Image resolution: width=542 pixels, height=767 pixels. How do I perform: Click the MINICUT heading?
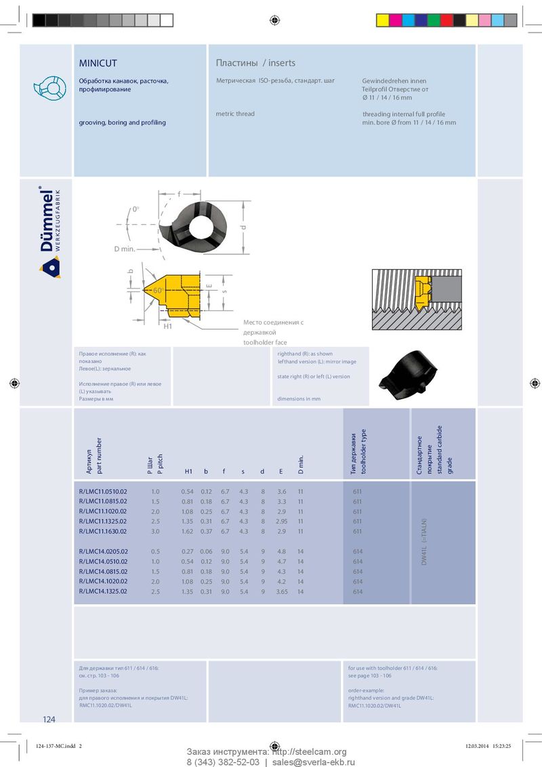pos(98,63)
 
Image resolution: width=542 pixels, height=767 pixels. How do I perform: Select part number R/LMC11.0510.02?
pos(103,491)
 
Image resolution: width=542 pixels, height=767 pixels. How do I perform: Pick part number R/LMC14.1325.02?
pos(103,592)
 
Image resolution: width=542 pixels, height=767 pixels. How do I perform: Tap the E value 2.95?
pos(282,521)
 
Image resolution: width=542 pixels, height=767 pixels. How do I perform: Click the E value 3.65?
pos(282,592)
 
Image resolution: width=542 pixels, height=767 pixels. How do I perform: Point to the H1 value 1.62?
pos(187,531)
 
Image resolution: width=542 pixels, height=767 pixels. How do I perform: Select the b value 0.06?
pos(207,551)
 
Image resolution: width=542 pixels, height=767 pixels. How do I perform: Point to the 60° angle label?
pos(158,290)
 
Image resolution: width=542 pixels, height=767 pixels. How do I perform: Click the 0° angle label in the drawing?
pos(135,209)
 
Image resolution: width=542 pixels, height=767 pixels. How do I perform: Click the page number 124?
pos(49,719)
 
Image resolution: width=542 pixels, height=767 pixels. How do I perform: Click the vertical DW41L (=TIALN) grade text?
pos(425,543)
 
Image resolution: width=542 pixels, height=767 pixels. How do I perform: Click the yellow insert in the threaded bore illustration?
pos(423,289)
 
